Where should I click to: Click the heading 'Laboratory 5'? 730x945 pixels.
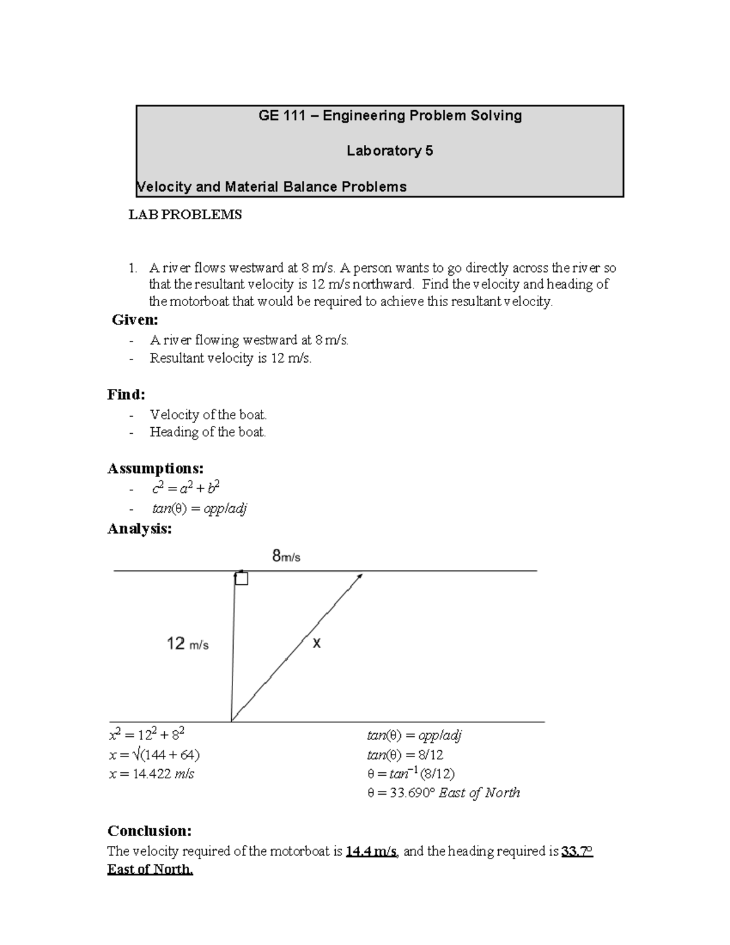click(389, 151)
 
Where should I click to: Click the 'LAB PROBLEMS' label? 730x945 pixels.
click(184, 215)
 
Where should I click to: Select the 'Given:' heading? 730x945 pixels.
click(135, 320)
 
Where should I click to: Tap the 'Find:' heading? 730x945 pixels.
click(127, 395)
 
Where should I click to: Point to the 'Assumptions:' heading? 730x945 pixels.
click(155, 469)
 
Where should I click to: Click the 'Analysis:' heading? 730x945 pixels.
click(139, 529)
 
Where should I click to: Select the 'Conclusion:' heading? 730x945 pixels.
click(150, 831)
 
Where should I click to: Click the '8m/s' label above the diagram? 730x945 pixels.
click(286, 556)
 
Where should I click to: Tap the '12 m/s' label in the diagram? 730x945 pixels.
click(187, 644)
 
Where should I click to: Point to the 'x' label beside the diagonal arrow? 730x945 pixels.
click(316, 643)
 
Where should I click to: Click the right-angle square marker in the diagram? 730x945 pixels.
click(242, 579)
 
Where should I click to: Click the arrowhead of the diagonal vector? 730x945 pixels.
click(360, 576)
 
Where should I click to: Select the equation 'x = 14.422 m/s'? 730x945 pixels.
click(151, 774)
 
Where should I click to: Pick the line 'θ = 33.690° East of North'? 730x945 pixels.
click(443, 793)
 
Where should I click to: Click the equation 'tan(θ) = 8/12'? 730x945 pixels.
click(405, 755)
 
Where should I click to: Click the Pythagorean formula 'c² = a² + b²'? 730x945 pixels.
click(185, 488)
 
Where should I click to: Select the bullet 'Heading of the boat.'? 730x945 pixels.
click(207, 433)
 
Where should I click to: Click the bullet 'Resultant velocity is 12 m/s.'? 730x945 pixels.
click(230, 358)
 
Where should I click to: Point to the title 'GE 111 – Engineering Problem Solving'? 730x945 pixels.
click(390, 116)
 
